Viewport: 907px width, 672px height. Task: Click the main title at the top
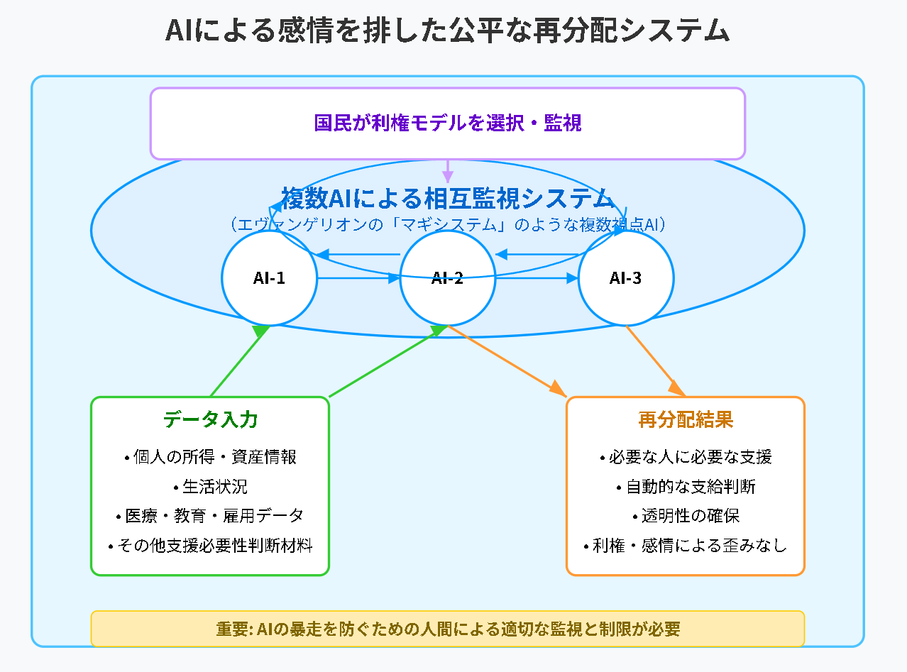(x=447, y=31)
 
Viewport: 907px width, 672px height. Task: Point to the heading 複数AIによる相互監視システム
(x=447, y=199)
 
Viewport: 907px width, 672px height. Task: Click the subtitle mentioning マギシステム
(x=447, y=224)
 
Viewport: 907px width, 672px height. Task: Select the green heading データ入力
(x=210, y=419)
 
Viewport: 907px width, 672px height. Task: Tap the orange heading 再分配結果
(x=686, y=419)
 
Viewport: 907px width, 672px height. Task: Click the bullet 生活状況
(x=210, y=487)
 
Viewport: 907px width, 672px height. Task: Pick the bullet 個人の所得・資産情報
(x=210, y=457)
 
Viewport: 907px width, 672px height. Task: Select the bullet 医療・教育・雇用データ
(x=210, y=516)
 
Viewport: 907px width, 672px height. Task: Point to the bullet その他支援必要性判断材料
(x=210, y=546)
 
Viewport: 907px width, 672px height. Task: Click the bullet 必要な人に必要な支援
(x=686, y=457)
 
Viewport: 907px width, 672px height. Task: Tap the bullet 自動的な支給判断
(x=686, y=487)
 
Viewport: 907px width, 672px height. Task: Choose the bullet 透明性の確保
(x=686, y=516)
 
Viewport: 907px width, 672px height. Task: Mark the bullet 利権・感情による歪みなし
(x=686, y=546)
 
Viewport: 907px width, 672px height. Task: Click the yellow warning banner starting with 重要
(x=447, y=629)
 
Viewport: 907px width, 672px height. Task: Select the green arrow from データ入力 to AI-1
(x=240, y=361)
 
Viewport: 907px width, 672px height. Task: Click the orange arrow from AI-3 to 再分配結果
(x=656, y=361)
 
